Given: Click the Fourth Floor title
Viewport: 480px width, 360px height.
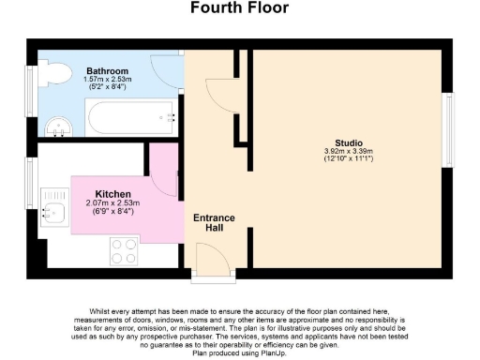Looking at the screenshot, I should pyautogui.click(x=240, y=8).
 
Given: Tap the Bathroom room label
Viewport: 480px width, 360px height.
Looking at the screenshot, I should pyautogui.click(x=108, y=70).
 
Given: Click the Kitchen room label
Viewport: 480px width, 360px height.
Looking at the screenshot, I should pyautogui.click(x=112, y=193).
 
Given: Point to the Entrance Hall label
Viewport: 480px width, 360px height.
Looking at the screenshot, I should pyautogui.click(x=214, y=222).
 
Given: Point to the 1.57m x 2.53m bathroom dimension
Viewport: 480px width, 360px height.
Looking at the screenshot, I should pyautogui.click(x=108, y=80).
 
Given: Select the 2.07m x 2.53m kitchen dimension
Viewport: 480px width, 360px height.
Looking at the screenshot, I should pyautogui.click(x=112, y=202).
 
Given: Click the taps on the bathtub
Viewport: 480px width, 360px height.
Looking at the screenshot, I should pyautogui.click(x=172, y=118).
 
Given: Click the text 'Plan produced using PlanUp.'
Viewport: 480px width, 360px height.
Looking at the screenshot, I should pyautogui.click(x=240, y=352).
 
